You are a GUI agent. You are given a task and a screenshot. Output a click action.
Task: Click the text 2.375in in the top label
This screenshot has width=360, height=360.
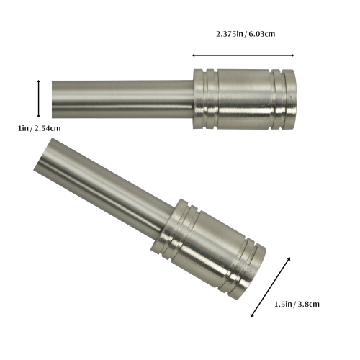tap(231, 34)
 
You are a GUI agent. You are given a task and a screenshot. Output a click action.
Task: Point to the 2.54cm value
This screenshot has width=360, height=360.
tap(47, 128)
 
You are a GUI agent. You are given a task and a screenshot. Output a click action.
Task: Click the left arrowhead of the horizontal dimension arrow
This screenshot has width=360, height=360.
tap(194, 55)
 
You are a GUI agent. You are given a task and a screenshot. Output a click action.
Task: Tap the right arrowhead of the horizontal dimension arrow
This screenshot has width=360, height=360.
tap(292, 55)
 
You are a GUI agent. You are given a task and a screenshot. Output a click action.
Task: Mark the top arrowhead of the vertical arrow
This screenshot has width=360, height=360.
tap(39, 81)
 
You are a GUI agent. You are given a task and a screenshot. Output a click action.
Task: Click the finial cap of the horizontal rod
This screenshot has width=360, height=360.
tap(245, 99)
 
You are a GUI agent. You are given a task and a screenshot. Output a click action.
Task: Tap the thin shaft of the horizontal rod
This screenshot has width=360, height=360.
tap(122, 99)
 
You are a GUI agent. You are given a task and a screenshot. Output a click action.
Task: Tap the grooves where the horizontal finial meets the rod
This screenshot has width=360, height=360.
tap(205, 99)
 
